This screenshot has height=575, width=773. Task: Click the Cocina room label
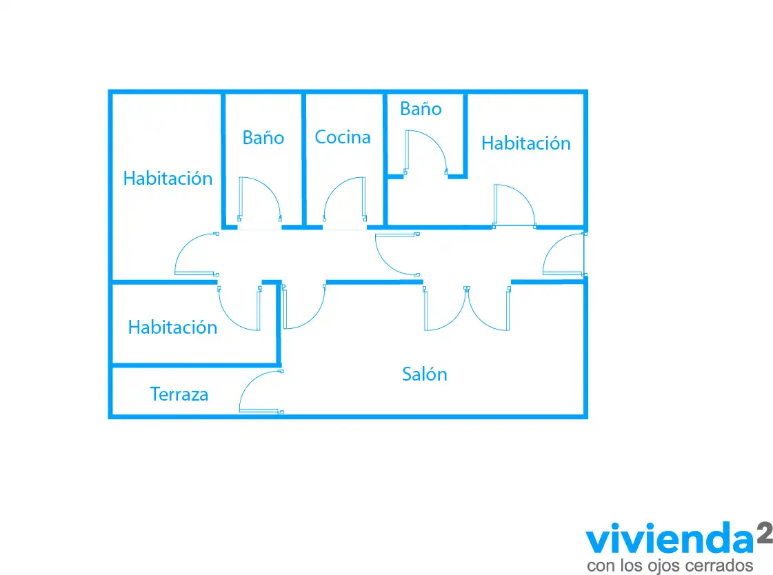point(343,137)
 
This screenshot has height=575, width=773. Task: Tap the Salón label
point(425,374)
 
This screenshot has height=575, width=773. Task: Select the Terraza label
point(179,394)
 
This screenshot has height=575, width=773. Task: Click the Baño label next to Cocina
point(263,137)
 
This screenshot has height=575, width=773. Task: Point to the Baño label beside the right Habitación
point(421,108)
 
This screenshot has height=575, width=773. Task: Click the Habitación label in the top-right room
point(526,143)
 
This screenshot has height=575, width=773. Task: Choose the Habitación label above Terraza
point(172,327)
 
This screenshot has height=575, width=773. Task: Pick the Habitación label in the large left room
point(168,178)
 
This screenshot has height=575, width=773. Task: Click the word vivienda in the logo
point(670,539)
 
